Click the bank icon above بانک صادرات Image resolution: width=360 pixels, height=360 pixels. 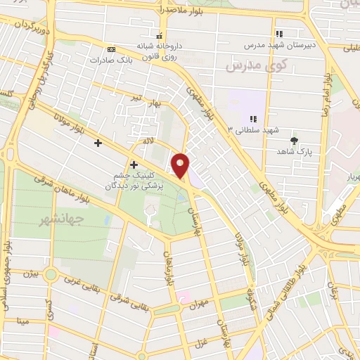pos(111,49)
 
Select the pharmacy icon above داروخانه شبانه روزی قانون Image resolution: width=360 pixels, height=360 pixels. pos(160,35)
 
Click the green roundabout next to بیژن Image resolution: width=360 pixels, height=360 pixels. pos(51,274)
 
